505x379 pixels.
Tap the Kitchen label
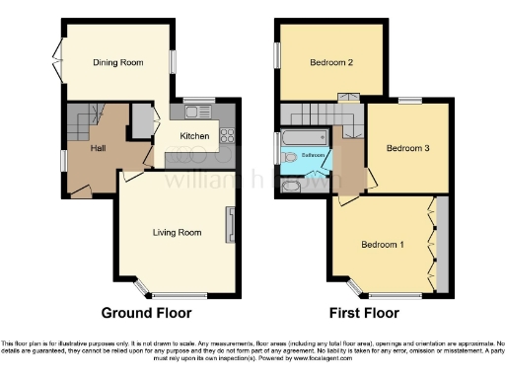click(193, 136)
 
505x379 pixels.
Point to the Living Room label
click(177, 233)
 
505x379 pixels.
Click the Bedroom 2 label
click(331, 62)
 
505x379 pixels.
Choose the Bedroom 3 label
click(407, 149)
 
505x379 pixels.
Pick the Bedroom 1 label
click(381, 245)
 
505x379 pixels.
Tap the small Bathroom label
click(314, 156)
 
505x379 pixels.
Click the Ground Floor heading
click(147, 314)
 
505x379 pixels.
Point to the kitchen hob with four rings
click(226, 135)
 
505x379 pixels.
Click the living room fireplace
click(230, 226)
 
